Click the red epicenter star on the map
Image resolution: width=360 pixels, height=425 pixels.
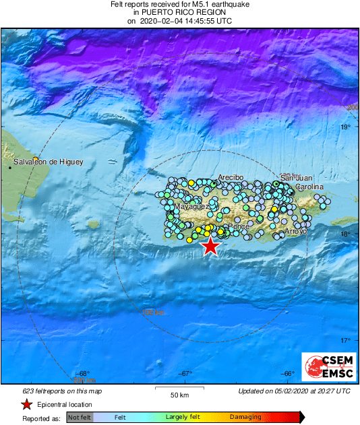[x=210, y=247]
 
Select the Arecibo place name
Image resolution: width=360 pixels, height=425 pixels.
[x=229, y=177]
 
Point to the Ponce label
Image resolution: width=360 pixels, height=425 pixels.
[x=239, y=226]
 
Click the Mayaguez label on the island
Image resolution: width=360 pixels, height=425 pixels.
[x=193, y=207]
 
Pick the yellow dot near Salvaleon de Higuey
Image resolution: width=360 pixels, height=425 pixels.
[x=35, y=158]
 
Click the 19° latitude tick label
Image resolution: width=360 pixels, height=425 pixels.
[x=345, y=127]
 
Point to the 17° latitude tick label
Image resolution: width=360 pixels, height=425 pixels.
[x=345, y=340]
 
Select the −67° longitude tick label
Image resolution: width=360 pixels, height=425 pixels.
[x=185, y=374]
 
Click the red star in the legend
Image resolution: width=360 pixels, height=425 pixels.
[x=26, y=404]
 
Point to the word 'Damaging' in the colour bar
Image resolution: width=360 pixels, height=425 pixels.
[x=245, y=418]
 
